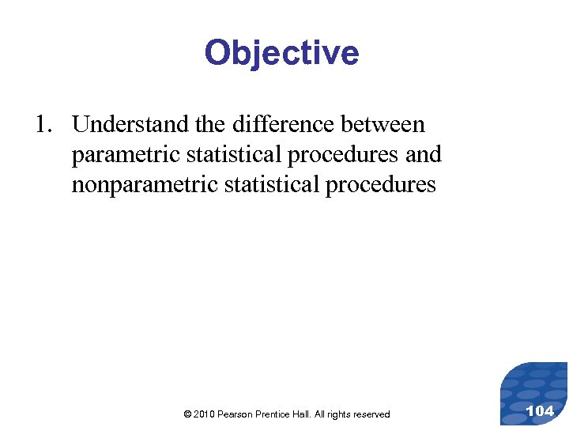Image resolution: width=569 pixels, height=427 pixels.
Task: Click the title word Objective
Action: pyautogui.click(x=281, y=54)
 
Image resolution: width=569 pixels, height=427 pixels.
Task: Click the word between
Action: pyautogui.click(x=382, y=125)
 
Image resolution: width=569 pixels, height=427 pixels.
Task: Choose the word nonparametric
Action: pyautogui.click(x=134, y=185)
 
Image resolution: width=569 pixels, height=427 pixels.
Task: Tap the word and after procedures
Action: pyautogui.click(x=423, y=155)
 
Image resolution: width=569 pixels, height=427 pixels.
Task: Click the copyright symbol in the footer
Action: pyautogui.click(x=187, y=414)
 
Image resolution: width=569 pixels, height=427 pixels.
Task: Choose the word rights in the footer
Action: pyautogui.click(x=344, y=414)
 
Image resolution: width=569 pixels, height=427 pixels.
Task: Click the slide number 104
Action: pyautogui.click(x=540, y=410)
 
